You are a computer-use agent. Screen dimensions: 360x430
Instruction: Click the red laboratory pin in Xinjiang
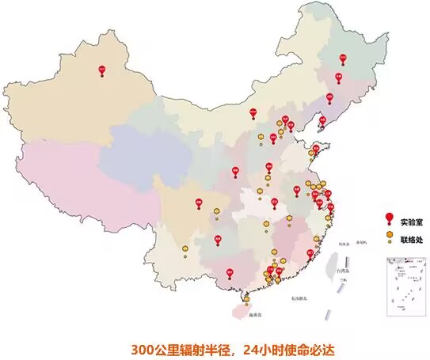101,70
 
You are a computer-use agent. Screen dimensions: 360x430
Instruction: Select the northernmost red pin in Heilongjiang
343,59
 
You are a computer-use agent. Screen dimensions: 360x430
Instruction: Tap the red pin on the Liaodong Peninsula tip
322,120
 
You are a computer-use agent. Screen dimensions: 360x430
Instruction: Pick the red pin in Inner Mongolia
253,113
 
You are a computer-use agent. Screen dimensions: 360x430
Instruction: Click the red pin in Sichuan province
199,203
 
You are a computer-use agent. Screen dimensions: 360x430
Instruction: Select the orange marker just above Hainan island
246,299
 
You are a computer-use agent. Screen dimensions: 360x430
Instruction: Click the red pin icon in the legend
389,218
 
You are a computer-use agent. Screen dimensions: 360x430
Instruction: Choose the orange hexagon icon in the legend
389,235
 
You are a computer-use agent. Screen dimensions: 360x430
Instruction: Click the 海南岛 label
253,314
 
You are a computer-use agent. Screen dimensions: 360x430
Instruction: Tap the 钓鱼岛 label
343,245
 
